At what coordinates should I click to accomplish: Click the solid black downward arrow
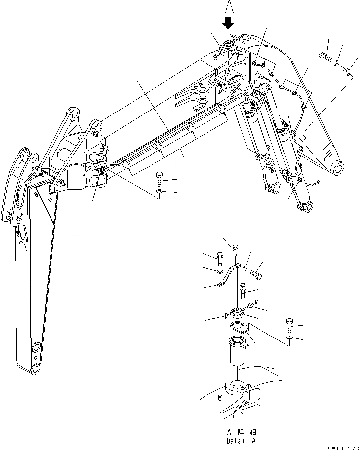coord(228,23)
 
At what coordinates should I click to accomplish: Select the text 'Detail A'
coord(241,440)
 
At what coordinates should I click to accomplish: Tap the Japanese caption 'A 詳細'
coord(241,432)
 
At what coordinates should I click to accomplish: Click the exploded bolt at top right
coord(325,55)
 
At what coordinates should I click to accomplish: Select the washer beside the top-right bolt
coord(337,63)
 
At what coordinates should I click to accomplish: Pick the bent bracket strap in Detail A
coord(227,277)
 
